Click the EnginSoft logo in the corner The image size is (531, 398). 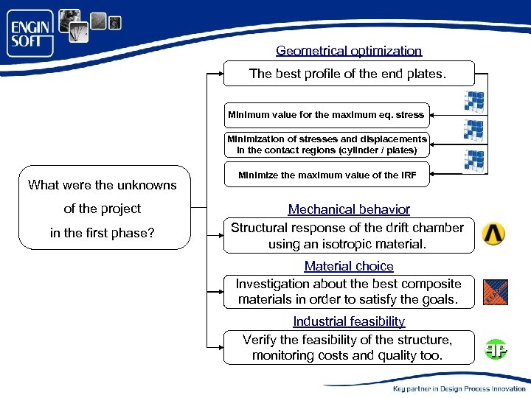tap(31, 34)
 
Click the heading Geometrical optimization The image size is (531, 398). tap(349, 51)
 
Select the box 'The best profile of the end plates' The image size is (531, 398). tap(349, 73)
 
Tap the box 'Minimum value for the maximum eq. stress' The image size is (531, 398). tap(326, 115)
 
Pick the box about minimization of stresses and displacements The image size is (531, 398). tap(326, 144)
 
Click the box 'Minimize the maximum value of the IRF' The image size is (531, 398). tap(326, 175)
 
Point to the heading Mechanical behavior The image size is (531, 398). tap(349, 209)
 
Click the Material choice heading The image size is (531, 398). tap(349, 266)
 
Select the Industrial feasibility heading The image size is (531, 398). tap(349, 321)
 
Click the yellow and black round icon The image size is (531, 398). tap(493, 234)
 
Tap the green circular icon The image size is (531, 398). tap(496, 349)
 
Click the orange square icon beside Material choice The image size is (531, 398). tap(495, 292)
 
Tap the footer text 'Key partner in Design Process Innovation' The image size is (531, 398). tap(459, 388)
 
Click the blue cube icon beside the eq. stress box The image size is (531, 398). tap(473, 102)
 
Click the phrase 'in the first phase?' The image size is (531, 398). tap(102, 233)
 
